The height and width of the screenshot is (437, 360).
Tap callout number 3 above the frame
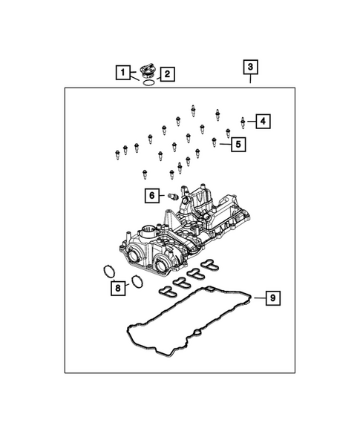(250, 68)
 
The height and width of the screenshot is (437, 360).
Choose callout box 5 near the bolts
(238, 144)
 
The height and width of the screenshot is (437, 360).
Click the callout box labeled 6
(152, 196)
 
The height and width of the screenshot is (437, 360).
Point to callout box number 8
(117, 288)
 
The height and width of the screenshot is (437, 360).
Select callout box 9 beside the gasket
(272, 298)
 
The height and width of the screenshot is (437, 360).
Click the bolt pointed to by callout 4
(243, 119)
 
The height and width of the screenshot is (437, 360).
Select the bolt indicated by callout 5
(215, 141)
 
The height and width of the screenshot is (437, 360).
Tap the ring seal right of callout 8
(137, 281)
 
